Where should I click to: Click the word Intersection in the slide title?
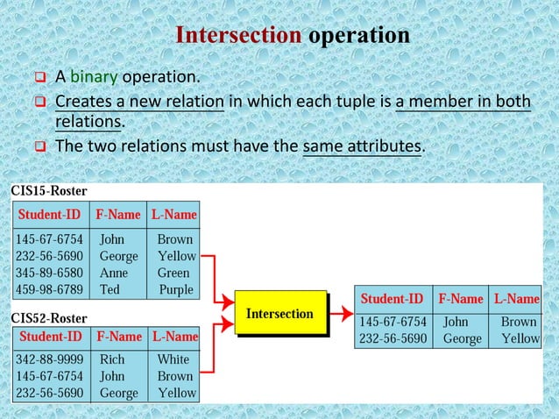point(238,36)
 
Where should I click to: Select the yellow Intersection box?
point(279,314)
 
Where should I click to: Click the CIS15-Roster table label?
point(48,191)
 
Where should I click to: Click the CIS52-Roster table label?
point(48,316)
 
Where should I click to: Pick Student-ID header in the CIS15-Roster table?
point(50,215)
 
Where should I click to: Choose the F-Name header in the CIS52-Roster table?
point(119,337)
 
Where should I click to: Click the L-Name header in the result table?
point(516,299)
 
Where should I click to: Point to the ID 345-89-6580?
point(49,273)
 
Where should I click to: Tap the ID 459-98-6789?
point(49,289)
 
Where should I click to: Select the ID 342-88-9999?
point(49,359)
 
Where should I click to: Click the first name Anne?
point(114,273)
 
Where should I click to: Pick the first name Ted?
point(110,289)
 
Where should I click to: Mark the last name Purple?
point(176,289)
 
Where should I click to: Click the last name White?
point(173,359)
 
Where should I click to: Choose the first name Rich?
point(112,359)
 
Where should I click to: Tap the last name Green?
point(173,273)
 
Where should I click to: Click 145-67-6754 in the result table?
point(393,322)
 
